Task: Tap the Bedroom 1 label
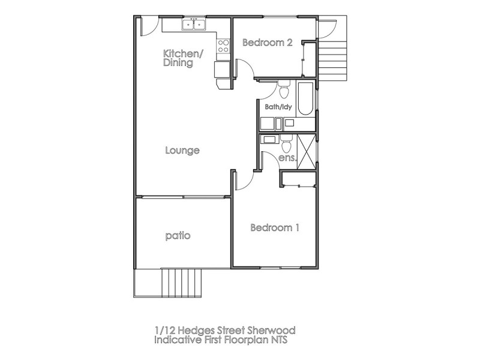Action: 274,228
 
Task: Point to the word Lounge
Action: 182,151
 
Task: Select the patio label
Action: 178,236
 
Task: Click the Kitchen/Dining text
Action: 183,58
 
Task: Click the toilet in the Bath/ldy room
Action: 284,91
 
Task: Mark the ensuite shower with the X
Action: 305,148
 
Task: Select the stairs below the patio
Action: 181,282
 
